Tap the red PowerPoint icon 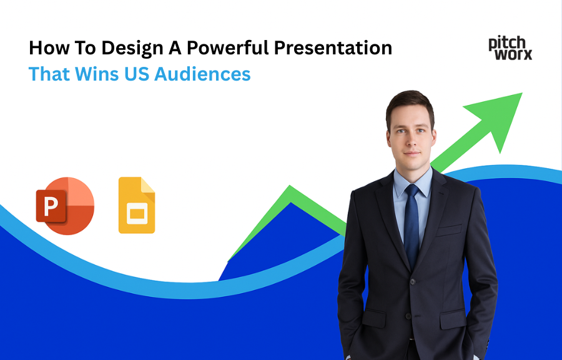pos(65,206)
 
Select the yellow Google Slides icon pos(137,206)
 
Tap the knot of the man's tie pos(412,191)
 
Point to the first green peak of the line pos(289,188)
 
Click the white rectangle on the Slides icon pos(136,214)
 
